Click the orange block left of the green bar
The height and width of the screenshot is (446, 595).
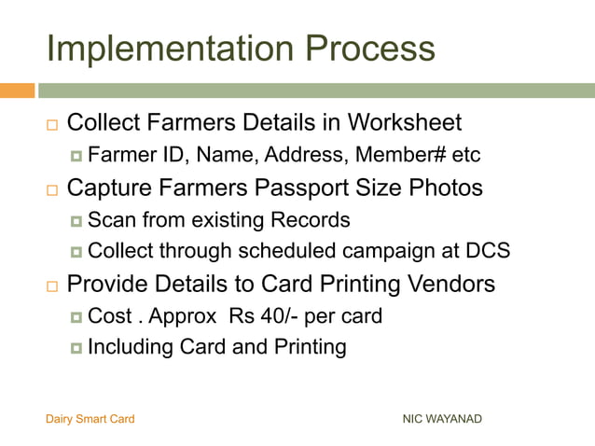point(17,91)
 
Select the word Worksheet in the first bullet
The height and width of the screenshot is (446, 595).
point(406,123)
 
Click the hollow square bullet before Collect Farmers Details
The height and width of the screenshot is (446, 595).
point(51,124)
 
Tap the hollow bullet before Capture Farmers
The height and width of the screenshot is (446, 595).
point(51,189)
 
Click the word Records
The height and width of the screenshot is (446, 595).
point(311,221)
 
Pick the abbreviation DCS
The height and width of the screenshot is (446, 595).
point(487,251)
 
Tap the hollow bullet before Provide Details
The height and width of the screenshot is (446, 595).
point(51,285)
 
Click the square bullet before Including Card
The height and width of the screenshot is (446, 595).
point(76,349)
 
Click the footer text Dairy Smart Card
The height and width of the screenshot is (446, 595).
point(90,419)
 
